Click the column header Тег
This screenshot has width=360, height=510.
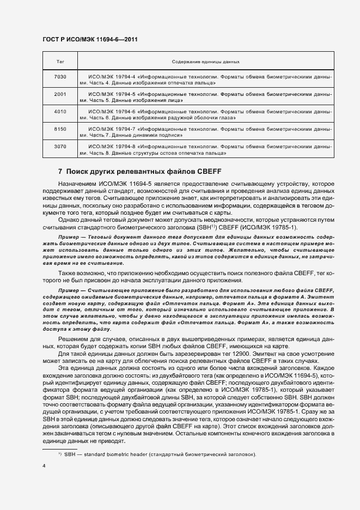[x=60, y=63]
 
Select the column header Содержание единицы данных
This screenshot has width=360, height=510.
[x=206, y=63]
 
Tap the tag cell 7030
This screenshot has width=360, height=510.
[x=60, y=77]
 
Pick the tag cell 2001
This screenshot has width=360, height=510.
[x=60, y=94]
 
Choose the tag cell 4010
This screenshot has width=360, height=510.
[x=60, y=112]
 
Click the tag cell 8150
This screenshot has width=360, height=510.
[x=60, y=129]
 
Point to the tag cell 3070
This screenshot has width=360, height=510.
[x=60, y=147]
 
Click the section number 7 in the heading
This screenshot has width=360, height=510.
[x=60, y=172]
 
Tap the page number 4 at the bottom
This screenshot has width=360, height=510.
[x=44, y=466]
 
